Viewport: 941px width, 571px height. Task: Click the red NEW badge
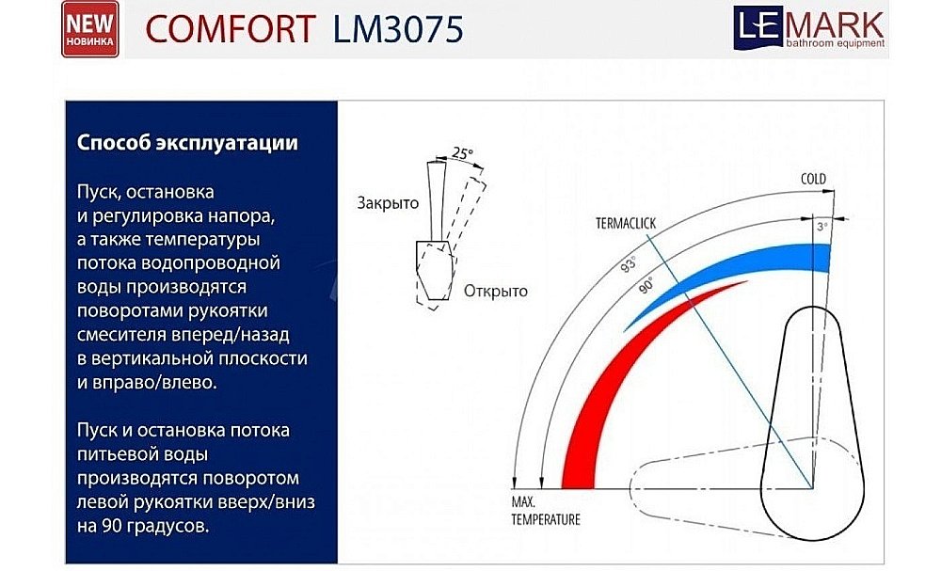click(x=90, y=29)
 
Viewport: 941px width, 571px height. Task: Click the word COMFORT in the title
click(x=230, y=30)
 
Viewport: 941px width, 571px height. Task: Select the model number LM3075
click(x=398, y=30)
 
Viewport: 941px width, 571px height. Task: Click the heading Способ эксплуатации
click(x=187, y=144)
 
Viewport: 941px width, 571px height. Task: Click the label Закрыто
click(x=387, y=204)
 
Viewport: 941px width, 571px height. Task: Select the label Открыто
click(x=495, y=291)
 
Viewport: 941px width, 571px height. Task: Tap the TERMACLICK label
click(x=625, y=223)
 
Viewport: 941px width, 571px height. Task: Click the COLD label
click(x=812, y=179)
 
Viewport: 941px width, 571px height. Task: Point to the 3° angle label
click(x=821, y=228)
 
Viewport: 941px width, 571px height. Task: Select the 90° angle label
click(x=646, y=288)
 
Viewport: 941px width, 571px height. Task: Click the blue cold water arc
click(x=753, y=267)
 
